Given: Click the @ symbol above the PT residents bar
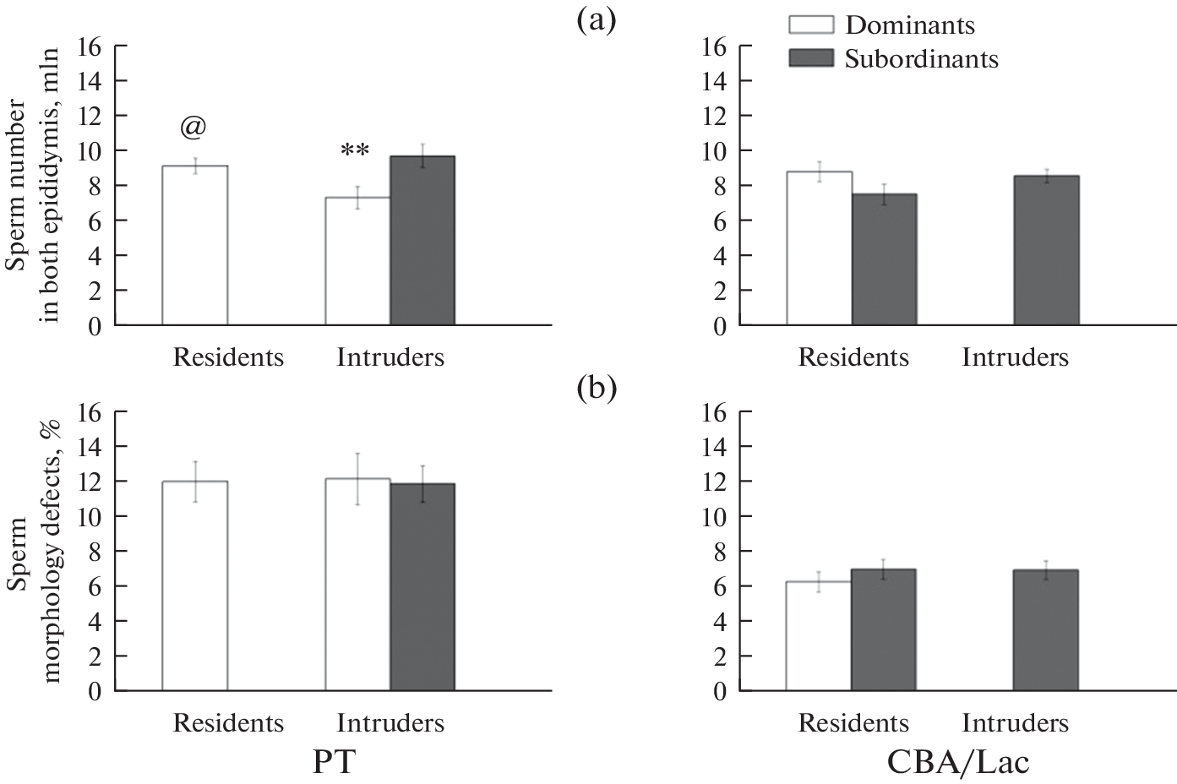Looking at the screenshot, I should pos(193,128).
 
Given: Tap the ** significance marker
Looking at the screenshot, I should pos(355,152).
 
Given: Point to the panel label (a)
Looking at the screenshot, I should pos(597,19).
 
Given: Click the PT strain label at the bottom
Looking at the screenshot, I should pos(334,761).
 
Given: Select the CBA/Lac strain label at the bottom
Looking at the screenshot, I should pos(958,761).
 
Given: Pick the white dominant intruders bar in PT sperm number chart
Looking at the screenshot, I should pos(357,261).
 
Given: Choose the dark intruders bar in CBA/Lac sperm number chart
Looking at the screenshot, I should pos(1046,250).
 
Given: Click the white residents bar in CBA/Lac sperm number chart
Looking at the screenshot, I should pos(818,248).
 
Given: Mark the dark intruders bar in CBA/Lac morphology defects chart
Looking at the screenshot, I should pos(1046,630).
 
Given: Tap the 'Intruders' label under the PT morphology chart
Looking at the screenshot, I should pos(390,723).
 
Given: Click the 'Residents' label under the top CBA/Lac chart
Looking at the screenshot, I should pos(853,357).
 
